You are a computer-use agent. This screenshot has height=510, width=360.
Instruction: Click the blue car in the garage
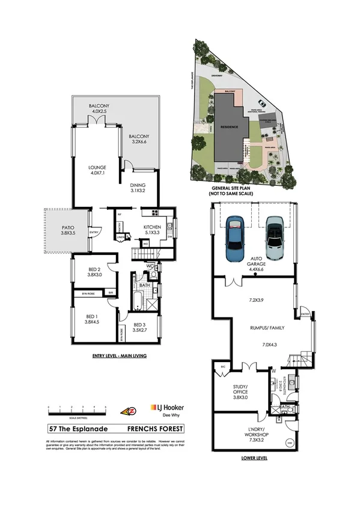point(234,241)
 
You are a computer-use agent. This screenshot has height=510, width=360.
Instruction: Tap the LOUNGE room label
point(97,168)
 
